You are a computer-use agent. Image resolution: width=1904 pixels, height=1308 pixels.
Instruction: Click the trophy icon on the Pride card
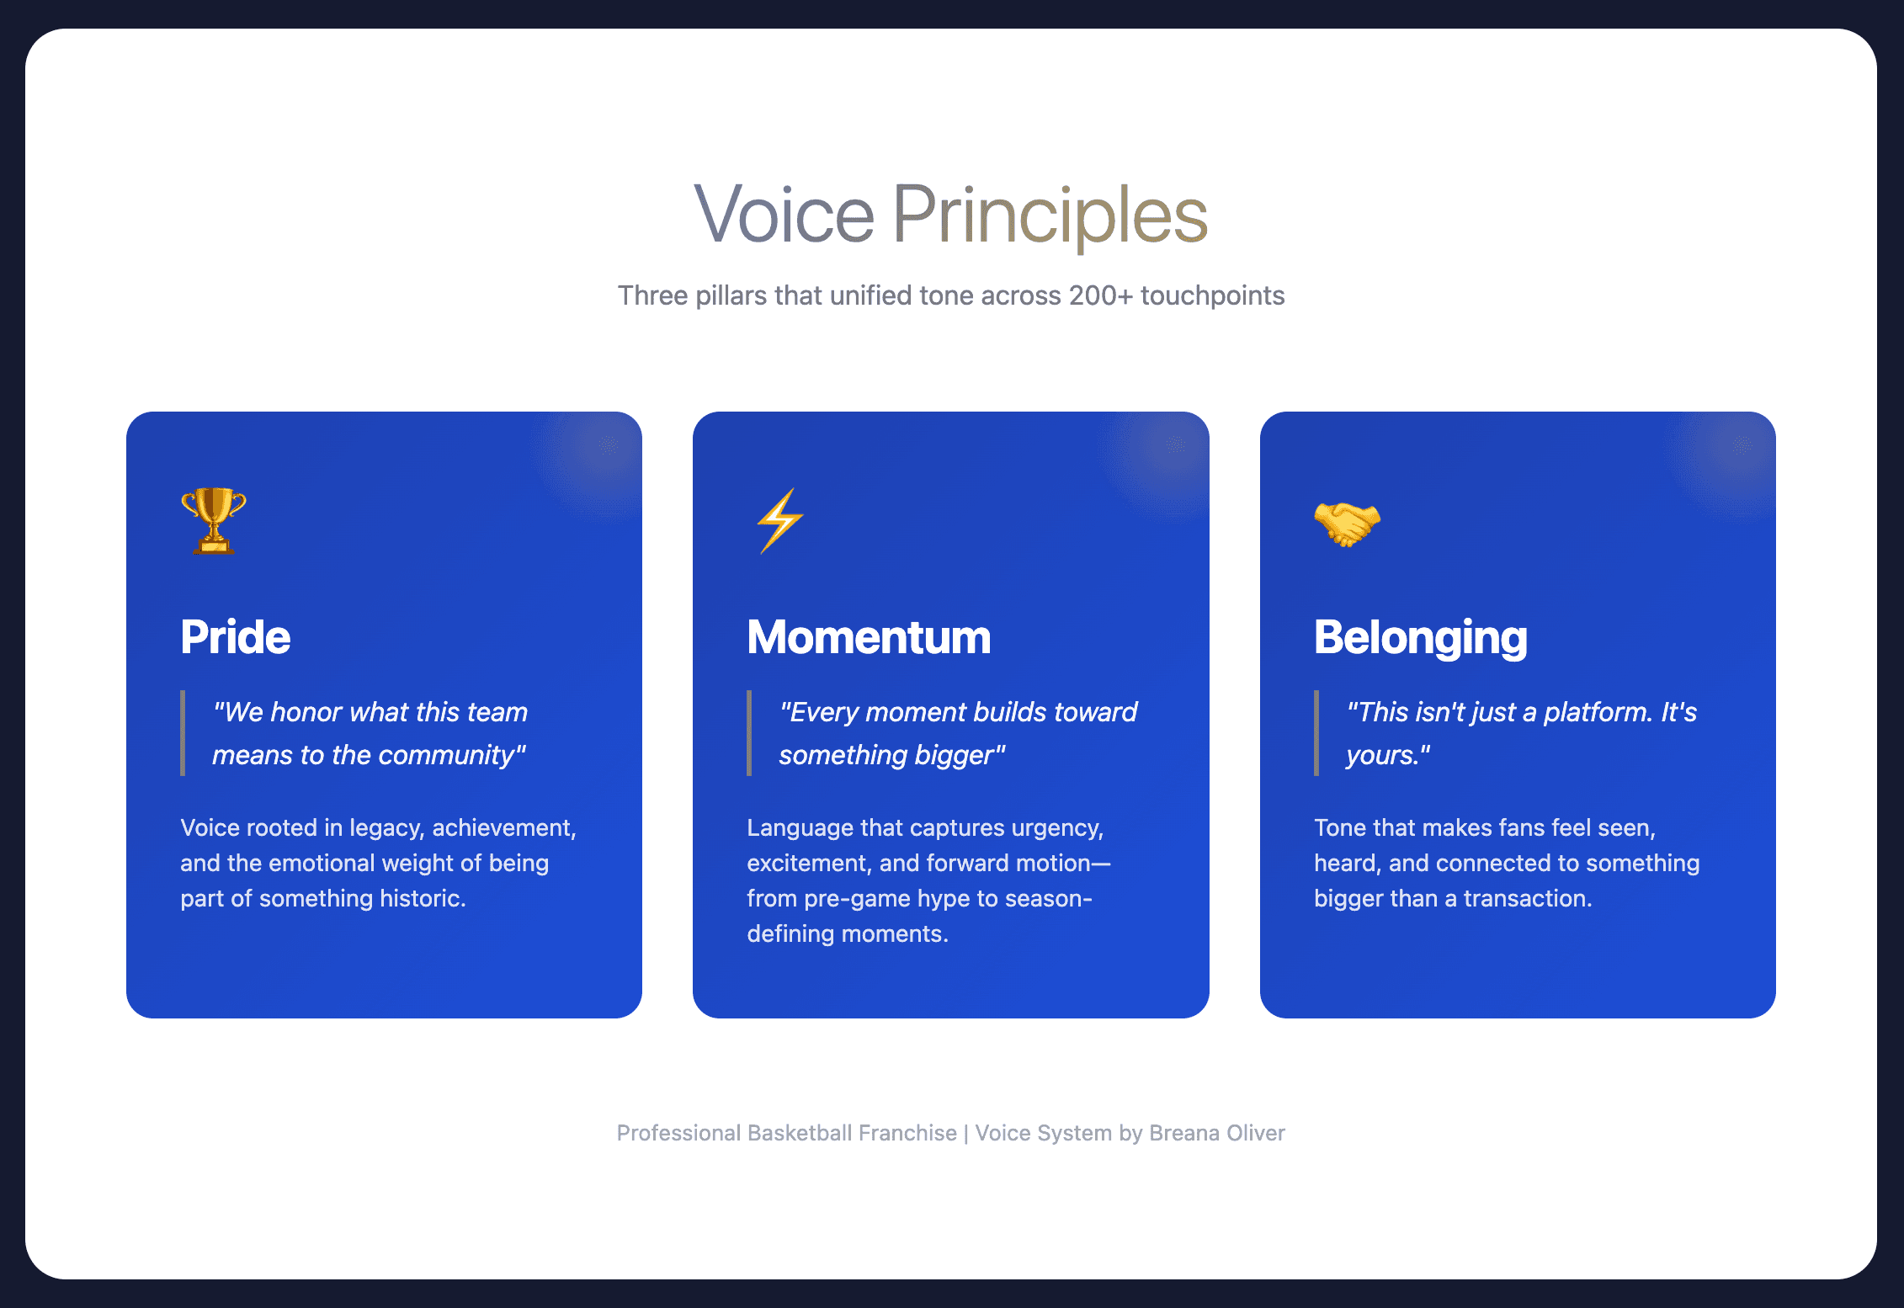[x=214, y=521]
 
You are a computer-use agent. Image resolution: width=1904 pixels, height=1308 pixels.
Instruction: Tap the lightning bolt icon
[x=779, y=521]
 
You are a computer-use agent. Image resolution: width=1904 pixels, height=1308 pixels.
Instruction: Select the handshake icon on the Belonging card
[x=1348, y=524]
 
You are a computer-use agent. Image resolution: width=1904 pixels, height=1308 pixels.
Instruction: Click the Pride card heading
[x=236, y=637]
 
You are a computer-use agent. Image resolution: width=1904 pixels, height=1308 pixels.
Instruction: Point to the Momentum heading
[x=869, y=637]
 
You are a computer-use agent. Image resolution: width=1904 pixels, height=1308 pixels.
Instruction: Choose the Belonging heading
[x=1421, y=638]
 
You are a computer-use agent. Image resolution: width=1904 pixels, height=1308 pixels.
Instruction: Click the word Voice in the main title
[x=784, y=215]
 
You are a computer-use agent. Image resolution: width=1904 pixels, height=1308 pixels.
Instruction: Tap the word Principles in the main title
[x=1050, y=216]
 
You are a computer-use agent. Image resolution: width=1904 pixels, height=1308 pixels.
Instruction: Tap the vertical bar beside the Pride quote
[x=183, y=733]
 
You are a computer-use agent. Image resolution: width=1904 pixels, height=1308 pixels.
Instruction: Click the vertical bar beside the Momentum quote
[x=749, y=733]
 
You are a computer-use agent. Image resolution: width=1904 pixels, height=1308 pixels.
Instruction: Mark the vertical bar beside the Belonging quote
[x=1316, y=733]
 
